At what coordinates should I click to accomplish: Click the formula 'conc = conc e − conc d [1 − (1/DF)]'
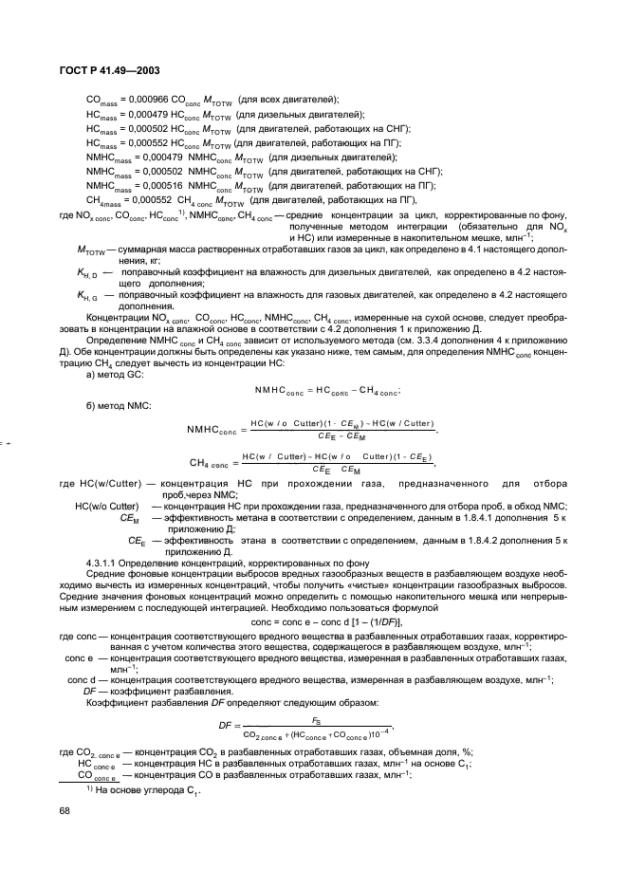(x=312, y=620)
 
